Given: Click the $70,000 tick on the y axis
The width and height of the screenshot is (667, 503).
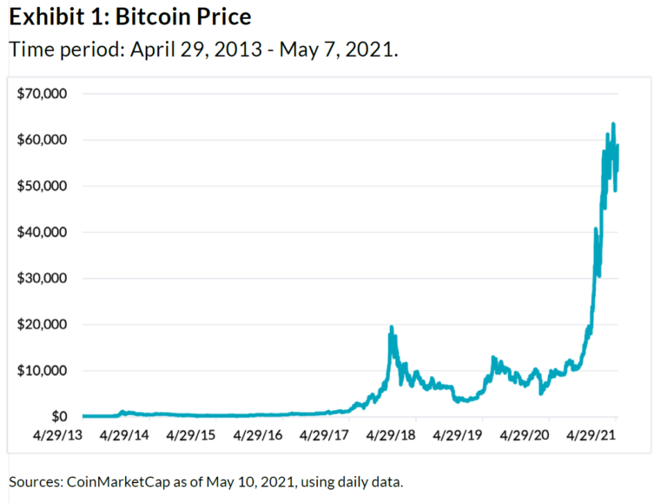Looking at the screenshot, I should (43, 94).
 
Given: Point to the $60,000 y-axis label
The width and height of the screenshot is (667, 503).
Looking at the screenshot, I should (43, 140).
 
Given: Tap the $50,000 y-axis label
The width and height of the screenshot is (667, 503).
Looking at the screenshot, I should (43, 186).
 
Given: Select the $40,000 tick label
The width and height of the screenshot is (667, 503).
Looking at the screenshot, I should (43, 232).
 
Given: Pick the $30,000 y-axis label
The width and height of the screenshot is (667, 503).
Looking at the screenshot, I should (43, 279).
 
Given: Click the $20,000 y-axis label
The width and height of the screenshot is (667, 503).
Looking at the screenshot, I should (43, 325).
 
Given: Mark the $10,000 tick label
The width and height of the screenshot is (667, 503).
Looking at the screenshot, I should (43, 371).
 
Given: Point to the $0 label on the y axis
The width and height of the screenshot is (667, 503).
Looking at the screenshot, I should (57, 417).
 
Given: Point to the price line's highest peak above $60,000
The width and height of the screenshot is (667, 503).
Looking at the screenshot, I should (613, 124).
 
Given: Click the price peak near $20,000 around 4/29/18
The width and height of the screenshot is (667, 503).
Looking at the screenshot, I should (392, 328).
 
